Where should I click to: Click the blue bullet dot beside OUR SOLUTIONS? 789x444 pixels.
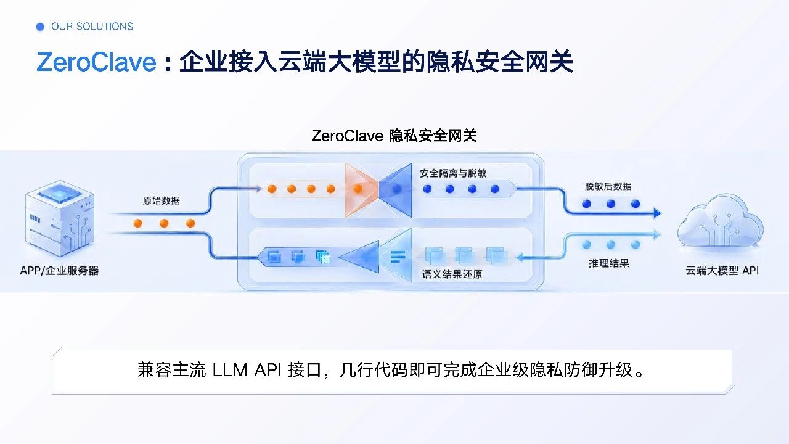point(40,27)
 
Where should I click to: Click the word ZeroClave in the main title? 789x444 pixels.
point(96,62)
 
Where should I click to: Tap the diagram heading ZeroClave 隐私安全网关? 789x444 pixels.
point(394,136)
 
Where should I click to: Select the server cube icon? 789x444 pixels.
point(60,218)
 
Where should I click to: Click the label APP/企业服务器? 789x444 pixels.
point(59,271)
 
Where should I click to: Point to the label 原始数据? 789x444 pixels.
point(161,201)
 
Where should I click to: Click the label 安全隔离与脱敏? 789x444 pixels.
point(453,173)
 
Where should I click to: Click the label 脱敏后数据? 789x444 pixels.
point(608,186)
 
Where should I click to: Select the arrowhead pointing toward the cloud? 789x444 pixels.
point(657,213)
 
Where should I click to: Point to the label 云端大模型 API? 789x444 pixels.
point(722,271)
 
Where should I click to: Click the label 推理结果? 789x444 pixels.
point(608,263)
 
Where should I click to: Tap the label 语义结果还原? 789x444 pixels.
point(452,274)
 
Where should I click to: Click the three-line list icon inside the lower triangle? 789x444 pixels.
point(398,257)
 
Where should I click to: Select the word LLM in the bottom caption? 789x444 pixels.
point(231,371)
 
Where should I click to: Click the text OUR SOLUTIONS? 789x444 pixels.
point(92,27)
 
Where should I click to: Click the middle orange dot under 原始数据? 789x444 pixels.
point(164,223)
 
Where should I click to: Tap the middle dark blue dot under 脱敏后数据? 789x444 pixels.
point(611,203)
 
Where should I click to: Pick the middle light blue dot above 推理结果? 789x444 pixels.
point(611,245)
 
